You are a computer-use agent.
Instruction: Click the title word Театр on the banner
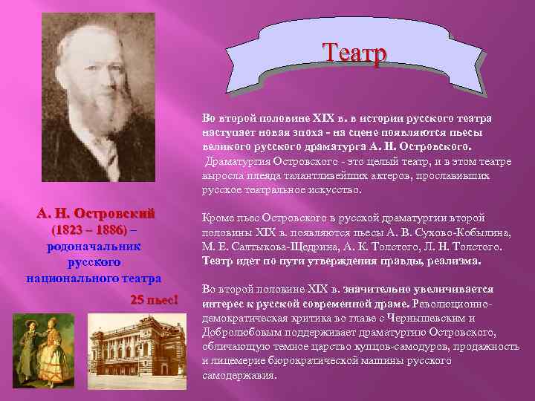(x=354, y=53)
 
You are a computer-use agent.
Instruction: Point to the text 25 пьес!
(x=155, y=299)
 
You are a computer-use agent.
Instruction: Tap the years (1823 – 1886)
(x=88, y=229)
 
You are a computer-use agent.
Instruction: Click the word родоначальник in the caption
(x=94, y=246)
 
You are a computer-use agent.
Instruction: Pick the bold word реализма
(x=455, y=261)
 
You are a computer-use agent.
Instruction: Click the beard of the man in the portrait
(x=111, y=119)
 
